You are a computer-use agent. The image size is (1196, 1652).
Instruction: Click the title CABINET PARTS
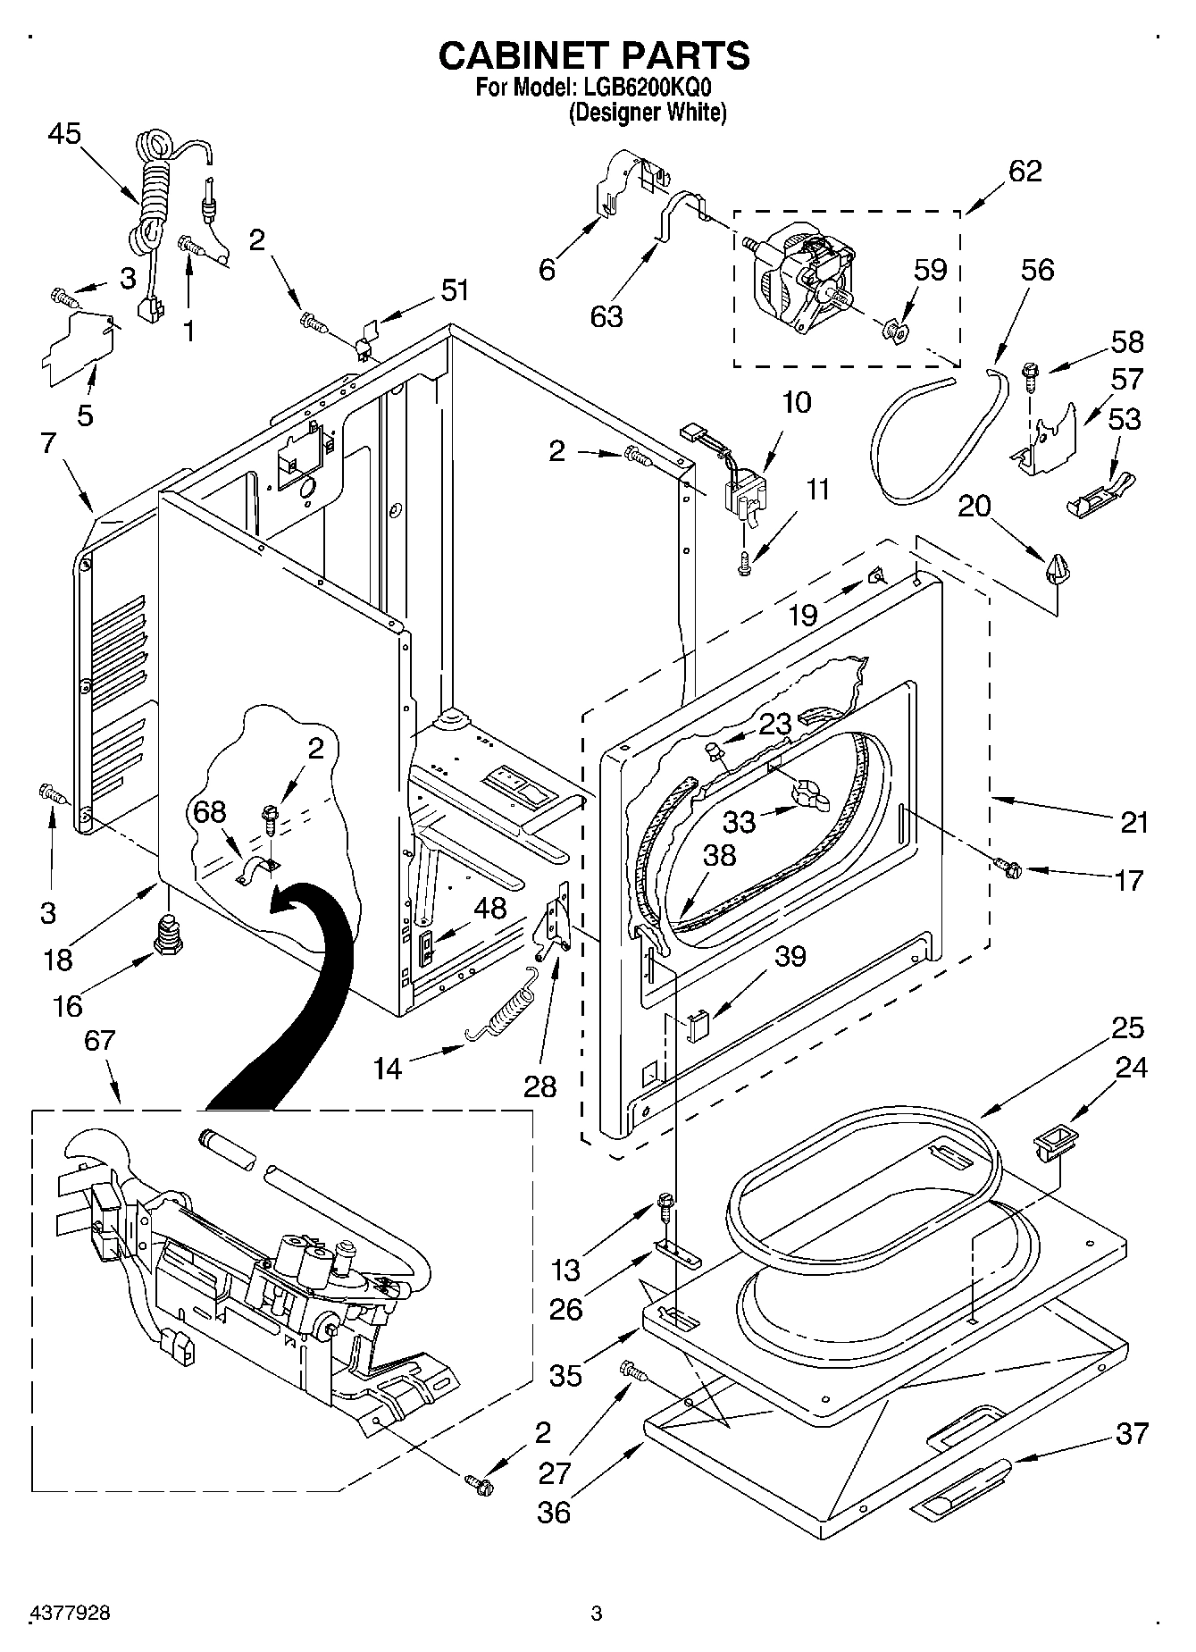click(x=593, y=55)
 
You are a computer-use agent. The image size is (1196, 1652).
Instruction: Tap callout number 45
click(x=64, y=134)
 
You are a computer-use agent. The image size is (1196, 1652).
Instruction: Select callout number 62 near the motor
click(x=1025, y=171)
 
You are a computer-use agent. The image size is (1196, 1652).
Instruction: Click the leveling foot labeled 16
click(x=168, y=933)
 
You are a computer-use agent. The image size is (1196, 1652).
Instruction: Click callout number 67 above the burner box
click(x=100, y=1041)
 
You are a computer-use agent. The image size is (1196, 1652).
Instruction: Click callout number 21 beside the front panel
click(x=1133, y=822)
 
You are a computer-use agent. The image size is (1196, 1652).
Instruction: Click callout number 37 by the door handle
click(x=1132, y=1433)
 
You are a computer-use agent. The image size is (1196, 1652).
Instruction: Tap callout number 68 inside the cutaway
click(x=210, y=812)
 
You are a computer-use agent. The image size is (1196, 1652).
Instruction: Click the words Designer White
click(x=648, y=113)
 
